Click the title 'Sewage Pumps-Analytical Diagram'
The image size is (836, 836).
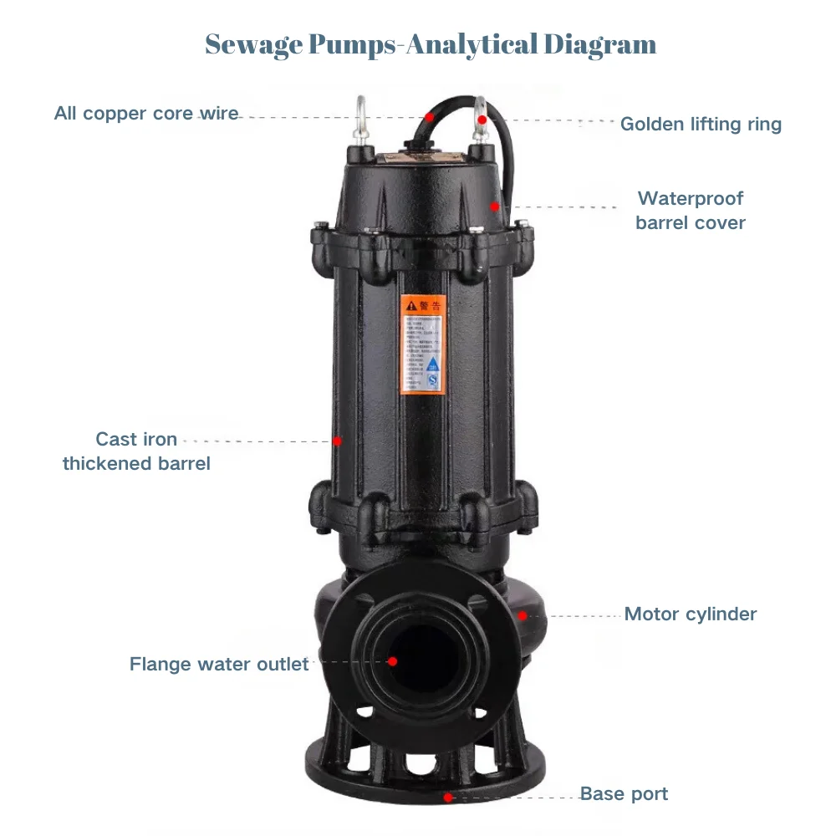coord(431,44)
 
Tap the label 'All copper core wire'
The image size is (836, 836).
coord(146,113)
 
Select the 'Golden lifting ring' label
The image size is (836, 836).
coord(701,125)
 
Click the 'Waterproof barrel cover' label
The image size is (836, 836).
coord(690,211)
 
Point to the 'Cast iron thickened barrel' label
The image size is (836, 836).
coord(136,451)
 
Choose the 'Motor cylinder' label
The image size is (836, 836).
coord(691,614)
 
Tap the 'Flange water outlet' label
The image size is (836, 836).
coord(219,665)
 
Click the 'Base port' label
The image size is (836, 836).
coord(624,794)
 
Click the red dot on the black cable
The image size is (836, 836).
coord(430,117)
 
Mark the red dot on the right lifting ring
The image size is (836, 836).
coord(482,120)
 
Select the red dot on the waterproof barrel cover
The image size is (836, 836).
coord(495,206)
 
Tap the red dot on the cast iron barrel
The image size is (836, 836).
coord(338,441)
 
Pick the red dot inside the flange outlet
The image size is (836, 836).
coord(392,660)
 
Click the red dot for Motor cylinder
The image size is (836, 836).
coord(522,616)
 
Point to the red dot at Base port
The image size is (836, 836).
coord(448,798)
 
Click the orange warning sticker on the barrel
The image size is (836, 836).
coord(423,343)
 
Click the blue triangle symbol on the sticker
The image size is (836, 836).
coord(432,364)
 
